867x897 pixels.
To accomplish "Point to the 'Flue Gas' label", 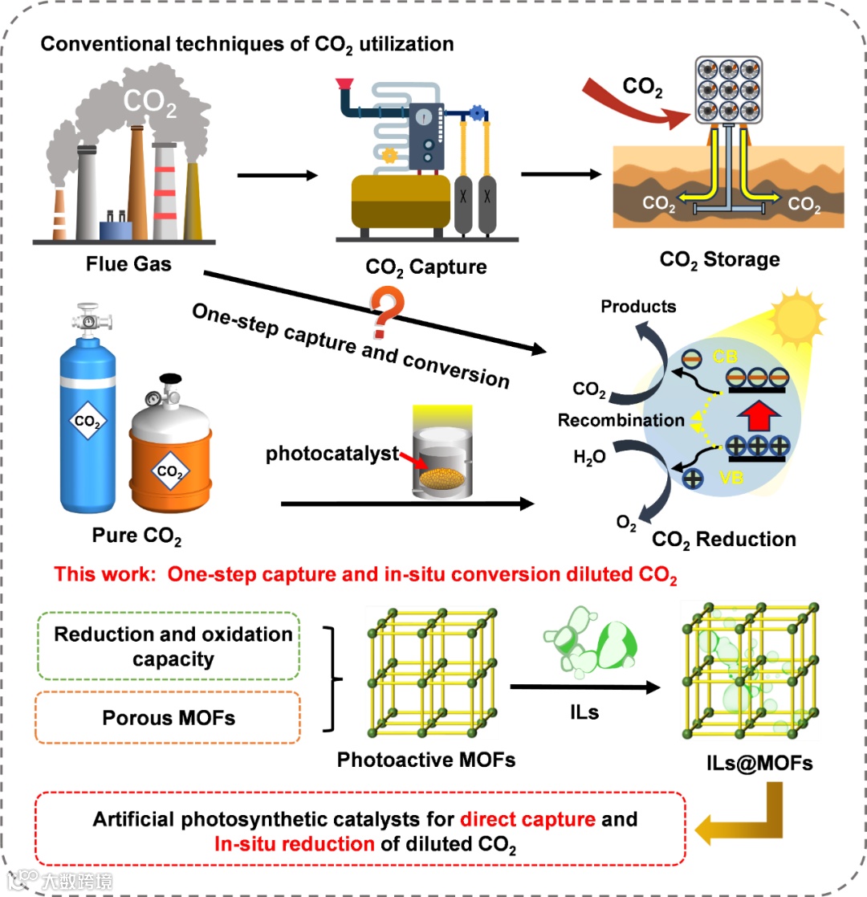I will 129,262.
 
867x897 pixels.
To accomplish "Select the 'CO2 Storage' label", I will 719,259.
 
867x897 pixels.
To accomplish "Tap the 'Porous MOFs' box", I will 169,718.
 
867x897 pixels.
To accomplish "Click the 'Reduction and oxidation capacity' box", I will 173,646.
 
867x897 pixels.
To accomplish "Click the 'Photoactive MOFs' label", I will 425,759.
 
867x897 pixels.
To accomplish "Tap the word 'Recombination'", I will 621,420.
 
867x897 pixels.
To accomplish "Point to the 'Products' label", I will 638,306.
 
